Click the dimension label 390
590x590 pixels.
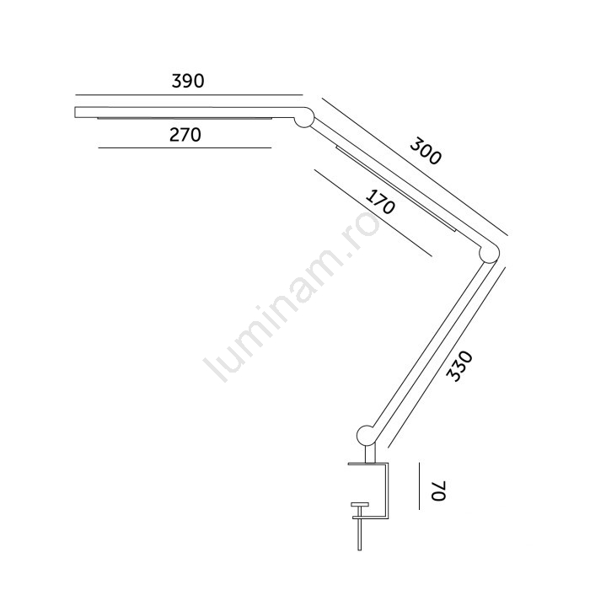pyautogui.click(x=188, y=81)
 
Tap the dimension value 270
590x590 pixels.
pyautogui.click(x=185, y=135)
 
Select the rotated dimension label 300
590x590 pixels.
pyautogui.click(x=425, y=151)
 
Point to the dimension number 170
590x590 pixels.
pyautogui.click(x=380, y=202)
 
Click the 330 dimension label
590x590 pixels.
pyautogui.click(x=459, y=366)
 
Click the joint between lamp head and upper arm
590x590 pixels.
pyautogui.click(x=304, y=117)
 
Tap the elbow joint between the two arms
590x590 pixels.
pyautogui.click(x=489, y=253)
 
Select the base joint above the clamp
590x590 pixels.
pyautogui.click(x=367, y=435)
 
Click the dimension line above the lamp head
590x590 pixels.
pyautogui.click(x=189, y=94)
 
